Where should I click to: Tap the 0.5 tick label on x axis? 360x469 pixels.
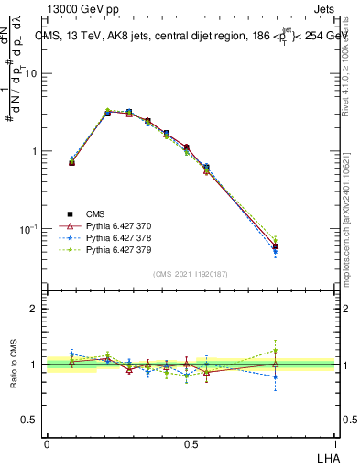click(191, 443)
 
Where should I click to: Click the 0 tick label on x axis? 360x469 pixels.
click(47, 443)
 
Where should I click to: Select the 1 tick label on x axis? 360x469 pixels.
click(335, 443)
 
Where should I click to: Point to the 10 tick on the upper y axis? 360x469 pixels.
click(32, 73)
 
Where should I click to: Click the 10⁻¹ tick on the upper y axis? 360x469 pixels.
click(30, 228)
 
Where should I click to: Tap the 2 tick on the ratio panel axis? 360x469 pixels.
click(35, 310)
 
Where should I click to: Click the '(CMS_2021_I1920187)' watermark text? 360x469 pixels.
click(191, 274)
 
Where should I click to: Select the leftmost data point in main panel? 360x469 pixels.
click(71, 162)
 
